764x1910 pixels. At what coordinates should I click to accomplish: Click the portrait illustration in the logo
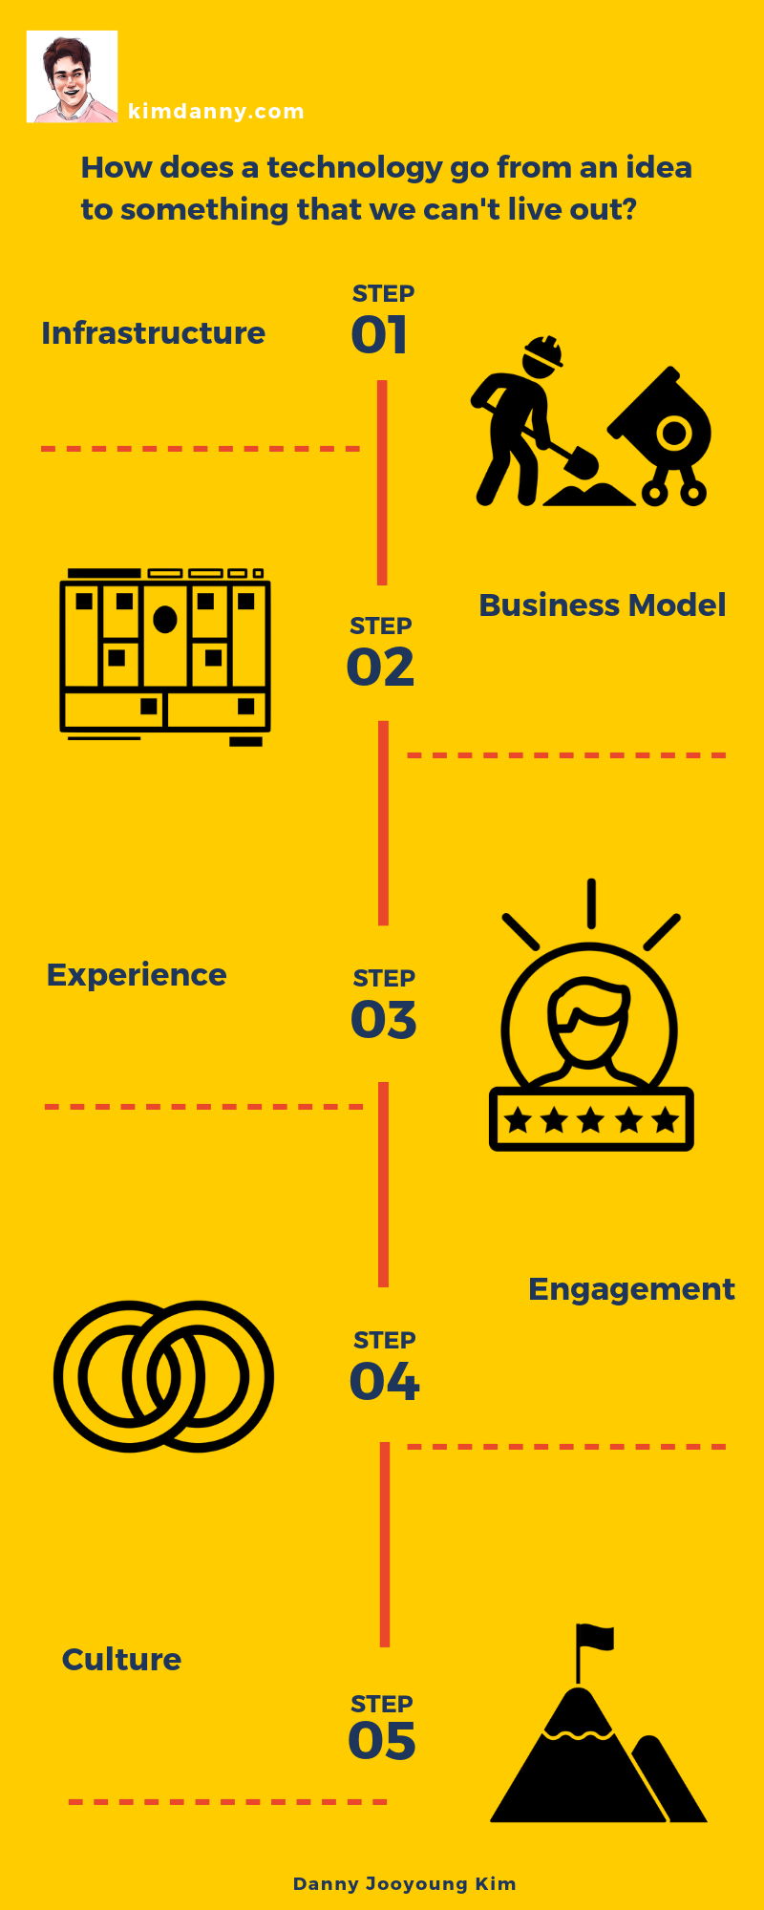[x=72, y=76]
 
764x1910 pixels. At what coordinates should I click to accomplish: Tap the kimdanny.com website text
[x=216, y=112]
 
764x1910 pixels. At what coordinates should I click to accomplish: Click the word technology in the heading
[x=354, y=168]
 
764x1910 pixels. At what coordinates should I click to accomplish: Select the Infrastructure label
[x=153, y=333]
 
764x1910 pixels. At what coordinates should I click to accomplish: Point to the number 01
[x=379, y=335]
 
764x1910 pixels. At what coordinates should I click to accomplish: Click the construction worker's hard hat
[x=543, y=352]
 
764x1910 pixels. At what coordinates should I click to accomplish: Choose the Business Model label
[x=602, y=605]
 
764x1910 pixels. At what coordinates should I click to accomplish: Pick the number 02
[x=380, y=668]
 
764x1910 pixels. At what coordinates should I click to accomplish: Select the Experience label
[x=137, y=975]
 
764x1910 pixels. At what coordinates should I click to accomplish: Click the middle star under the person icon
[x=591, y=1119]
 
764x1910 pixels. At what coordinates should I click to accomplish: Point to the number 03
[x=383, y=1020]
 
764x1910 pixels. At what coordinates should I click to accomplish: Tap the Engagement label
[x=631, y=1289]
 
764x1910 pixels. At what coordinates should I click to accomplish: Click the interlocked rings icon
[x=163, y=1376]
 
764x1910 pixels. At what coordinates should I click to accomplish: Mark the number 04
[x=384, y=1382]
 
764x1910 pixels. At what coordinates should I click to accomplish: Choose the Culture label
[x=121, y=1660]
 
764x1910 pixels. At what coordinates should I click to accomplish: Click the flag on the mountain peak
[x=596, y=1638]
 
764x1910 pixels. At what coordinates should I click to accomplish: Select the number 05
[x=382, y=1741]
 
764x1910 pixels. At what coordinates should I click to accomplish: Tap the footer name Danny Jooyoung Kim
[x=404, y=1884]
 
